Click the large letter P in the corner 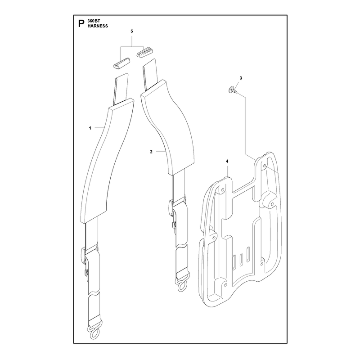click(x=81, y=24)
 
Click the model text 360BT click(x=92, y=21)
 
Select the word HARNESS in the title click(x=98, y=26)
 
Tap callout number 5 click(x=132, y=31)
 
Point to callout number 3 click(x=241, y=78)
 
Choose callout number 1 click(x=90, y=128)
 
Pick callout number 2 click(x=151, y=152)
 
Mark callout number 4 click(x=227, y=162)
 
